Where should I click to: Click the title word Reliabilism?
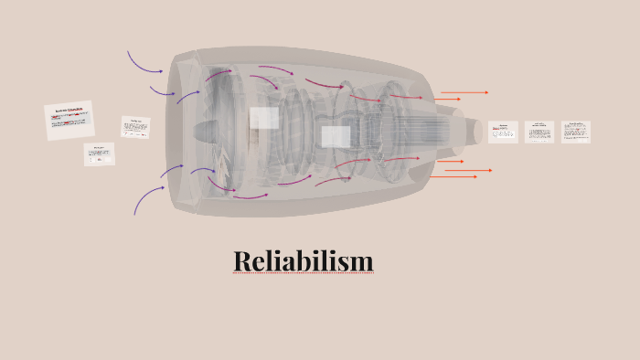click(304, 261)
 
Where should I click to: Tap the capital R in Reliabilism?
click(242, 262)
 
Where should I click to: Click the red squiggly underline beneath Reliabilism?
click(304, 274)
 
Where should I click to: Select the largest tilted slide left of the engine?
click(69, 121)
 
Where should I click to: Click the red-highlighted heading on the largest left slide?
click(69, 111)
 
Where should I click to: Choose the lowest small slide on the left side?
click(100, 154)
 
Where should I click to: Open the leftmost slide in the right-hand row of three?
click(503, 132)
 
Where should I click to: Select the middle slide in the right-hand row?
click(539, 132)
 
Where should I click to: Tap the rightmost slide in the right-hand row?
click(576, 132)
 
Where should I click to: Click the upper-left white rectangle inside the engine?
click(264, 118)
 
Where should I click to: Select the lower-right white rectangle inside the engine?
click(336, 137)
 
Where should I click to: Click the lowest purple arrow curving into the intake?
click(146, 199)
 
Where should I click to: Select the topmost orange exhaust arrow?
click(464, 92)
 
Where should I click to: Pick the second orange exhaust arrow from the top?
click(448, 99)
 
